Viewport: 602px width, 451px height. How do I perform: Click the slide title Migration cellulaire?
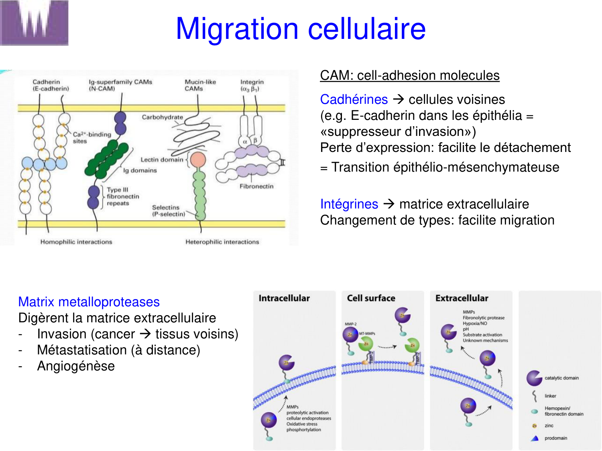tap(301, 29)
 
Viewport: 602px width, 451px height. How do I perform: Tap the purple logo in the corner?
tap(34, 22)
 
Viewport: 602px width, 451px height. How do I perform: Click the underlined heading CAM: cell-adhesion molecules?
tap(409, 75)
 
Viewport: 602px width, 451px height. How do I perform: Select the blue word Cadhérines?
tap(354, 99)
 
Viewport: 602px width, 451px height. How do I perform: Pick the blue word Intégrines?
tap(349, 204)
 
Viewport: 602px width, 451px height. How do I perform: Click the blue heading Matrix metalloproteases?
tap(89, 302)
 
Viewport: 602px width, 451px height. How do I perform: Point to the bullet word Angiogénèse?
tap(76, 366)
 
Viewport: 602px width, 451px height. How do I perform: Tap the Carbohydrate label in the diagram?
tap(162, 117)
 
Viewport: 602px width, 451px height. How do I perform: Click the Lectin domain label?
tap(161, 160)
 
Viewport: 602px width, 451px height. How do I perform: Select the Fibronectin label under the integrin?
tap(256, 186)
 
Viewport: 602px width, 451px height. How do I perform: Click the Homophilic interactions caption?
tap(76, 242)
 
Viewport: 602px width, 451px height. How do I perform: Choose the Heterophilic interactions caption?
tap(222, 242)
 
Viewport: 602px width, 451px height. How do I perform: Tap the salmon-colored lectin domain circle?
tap(198, 160)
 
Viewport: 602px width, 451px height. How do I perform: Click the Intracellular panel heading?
tap(284, 298)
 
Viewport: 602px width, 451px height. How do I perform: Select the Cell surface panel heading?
tap(371, 298)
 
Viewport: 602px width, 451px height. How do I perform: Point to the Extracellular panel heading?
tap(462, 298)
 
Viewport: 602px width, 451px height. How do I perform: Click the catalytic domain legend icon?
tap(534, 378)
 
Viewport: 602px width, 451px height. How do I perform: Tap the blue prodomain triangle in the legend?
tap(535, 438)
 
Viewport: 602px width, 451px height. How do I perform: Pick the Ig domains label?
tap(140, 170)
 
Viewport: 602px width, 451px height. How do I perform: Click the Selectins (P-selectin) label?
tap(168, 211)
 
